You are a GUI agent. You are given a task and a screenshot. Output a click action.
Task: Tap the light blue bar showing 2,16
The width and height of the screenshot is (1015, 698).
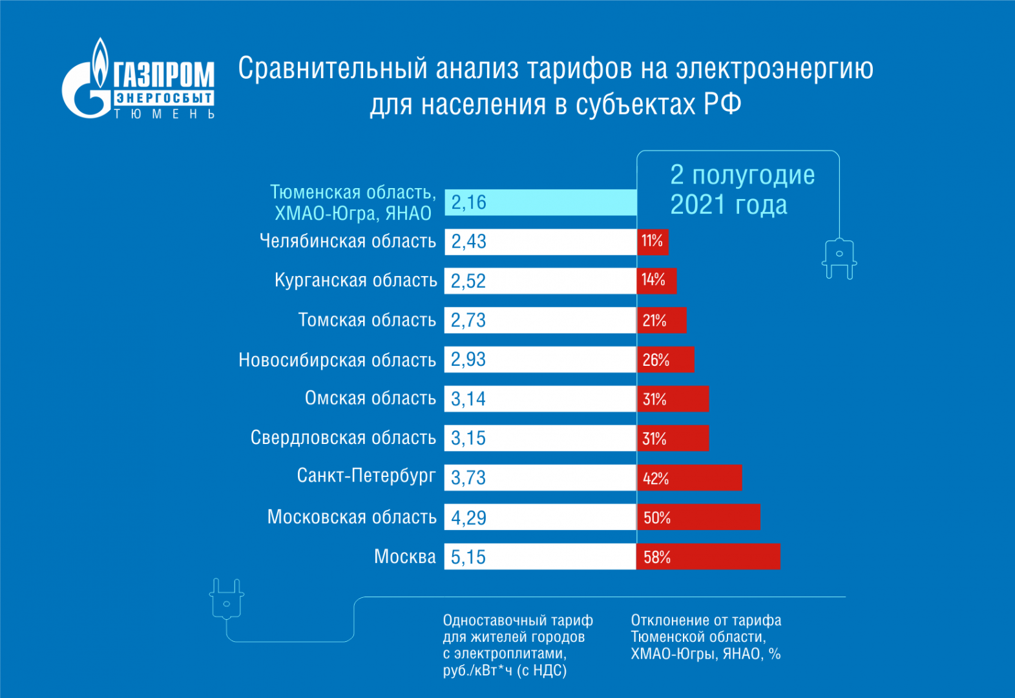click(x=540, y=202)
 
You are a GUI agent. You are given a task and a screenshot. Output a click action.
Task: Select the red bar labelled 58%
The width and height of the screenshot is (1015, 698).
click(x=708, y=556)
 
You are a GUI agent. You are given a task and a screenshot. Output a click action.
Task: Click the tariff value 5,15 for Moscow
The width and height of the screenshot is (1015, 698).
click(x=468, y=556)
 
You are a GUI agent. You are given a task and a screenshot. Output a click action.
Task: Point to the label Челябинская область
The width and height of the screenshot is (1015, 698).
click(x=348, y=241)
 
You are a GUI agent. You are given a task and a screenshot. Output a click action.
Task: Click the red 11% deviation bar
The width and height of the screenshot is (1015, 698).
click(x=653, y=242)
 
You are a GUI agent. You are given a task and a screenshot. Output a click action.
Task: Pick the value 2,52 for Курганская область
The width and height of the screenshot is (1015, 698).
click(x=468, y=281)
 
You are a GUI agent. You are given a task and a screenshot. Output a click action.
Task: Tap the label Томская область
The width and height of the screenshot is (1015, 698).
click(x=367, y=320)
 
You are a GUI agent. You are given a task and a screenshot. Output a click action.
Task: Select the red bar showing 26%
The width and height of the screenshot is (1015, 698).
click(x=665, y=359)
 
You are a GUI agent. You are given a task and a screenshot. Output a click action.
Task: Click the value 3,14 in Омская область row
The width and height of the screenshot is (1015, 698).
click(x=468, y=399)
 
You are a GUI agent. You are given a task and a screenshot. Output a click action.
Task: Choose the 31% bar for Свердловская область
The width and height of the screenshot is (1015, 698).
click(x=673, y=438)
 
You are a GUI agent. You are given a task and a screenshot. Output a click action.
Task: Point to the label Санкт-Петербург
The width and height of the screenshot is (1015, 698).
click(x=366, y=476)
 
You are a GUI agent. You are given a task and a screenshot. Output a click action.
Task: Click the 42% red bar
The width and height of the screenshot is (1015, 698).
click(x=689, y=478)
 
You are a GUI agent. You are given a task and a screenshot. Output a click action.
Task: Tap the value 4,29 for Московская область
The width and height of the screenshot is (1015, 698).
click(x=468, y=518)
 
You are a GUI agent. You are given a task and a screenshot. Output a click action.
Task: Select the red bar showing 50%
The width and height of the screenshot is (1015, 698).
click(x=698, y=517)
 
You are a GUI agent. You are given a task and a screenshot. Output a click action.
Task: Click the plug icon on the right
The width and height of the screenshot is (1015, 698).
click(x=839, y=259)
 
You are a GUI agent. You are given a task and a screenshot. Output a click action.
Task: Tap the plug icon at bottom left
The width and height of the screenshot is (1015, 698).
click(x=227, y=598)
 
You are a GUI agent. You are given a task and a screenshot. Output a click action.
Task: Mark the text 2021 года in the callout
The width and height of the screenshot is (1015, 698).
click(x=728, y=205)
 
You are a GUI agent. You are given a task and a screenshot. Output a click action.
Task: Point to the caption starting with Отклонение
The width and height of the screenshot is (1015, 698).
click(x=706, y=637)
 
